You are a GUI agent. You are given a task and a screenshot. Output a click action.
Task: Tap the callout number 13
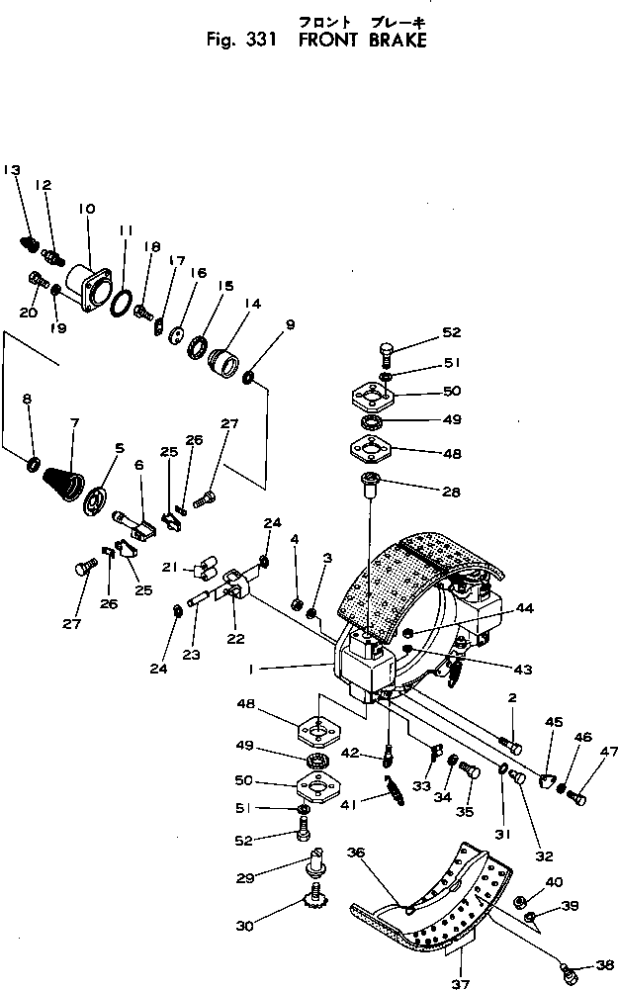point(12,170)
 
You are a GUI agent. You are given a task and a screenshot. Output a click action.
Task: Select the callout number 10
point(87,209)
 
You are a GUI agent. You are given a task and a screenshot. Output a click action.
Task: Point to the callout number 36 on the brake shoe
point(357,851)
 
